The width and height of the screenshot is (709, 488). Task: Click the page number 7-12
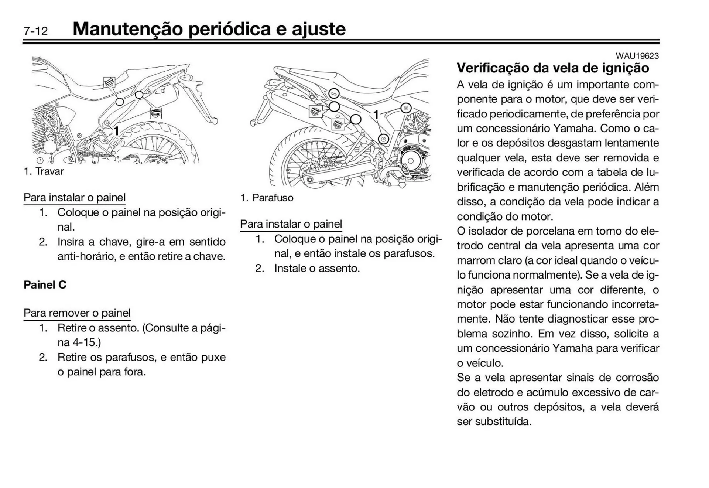(36, 31)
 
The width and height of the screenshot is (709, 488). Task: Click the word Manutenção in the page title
(127, 29)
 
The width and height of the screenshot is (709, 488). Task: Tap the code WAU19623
(637, 56)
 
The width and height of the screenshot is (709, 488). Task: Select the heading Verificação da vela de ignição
(553, 68)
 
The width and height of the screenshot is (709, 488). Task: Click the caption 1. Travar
(44, 171)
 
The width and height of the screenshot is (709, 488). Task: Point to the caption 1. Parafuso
(267, 198)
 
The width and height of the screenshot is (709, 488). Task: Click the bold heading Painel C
(45, 285)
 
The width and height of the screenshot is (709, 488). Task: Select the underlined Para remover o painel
(77, 313)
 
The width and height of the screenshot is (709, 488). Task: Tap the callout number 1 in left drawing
(116, 131)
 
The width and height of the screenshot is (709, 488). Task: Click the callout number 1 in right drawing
(376, 115)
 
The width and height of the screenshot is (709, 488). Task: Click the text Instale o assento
(317, 268)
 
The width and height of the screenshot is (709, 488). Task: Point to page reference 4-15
(84, 342)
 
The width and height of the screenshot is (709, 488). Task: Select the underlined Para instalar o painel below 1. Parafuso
(291, 224)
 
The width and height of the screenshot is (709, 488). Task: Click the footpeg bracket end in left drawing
(213, 120)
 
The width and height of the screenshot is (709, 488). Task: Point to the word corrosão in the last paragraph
(637, 378)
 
